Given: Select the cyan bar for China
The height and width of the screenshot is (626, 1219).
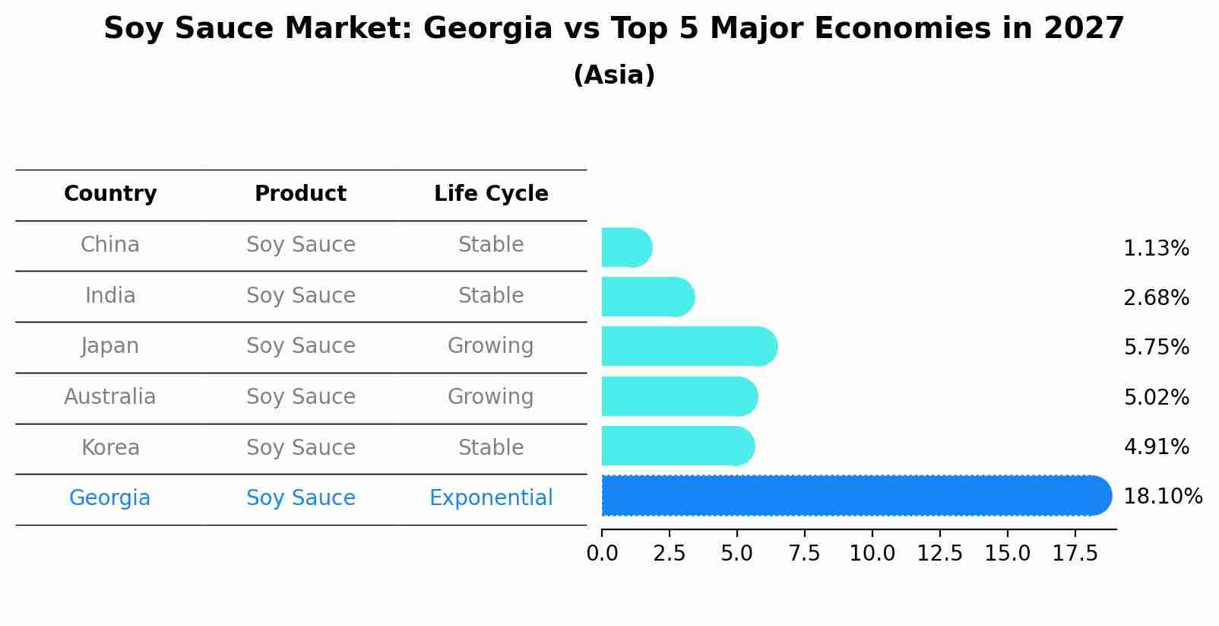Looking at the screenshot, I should coord(625,248).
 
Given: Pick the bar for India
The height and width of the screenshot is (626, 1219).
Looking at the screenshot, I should coord(647,297).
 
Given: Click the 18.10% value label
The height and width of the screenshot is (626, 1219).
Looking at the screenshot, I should coord(1162,497).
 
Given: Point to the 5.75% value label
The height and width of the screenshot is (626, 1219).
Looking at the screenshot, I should coord(1156,348).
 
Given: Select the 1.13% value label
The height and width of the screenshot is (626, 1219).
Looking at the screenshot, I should coord(1156,249).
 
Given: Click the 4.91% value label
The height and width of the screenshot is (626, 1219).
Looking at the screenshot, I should coord(1156,447).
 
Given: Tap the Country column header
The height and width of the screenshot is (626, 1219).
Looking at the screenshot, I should coord(110,194).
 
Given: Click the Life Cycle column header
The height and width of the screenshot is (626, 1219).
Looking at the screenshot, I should coord(491,194).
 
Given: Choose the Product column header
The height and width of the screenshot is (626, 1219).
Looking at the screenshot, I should coord(300,194).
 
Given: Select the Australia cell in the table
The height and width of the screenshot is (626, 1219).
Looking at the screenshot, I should coord(110,397).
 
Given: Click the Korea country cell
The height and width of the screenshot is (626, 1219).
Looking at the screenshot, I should coord(110,448).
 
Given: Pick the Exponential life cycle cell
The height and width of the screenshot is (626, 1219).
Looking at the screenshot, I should coord(491,498).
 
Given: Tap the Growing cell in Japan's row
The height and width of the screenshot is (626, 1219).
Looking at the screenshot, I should coord(491,346).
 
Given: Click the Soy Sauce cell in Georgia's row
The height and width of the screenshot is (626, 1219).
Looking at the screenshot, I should coord(300,498).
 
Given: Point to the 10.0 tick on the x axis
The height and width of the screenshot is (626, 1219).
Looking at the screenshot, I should coord(872,554).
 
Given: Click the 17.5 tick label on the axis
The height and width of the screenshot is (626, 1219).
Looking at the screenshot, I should coord(1075,554).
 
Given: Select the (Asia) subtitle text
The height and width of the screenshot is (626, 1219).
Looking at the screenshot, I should coord(614,75).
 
